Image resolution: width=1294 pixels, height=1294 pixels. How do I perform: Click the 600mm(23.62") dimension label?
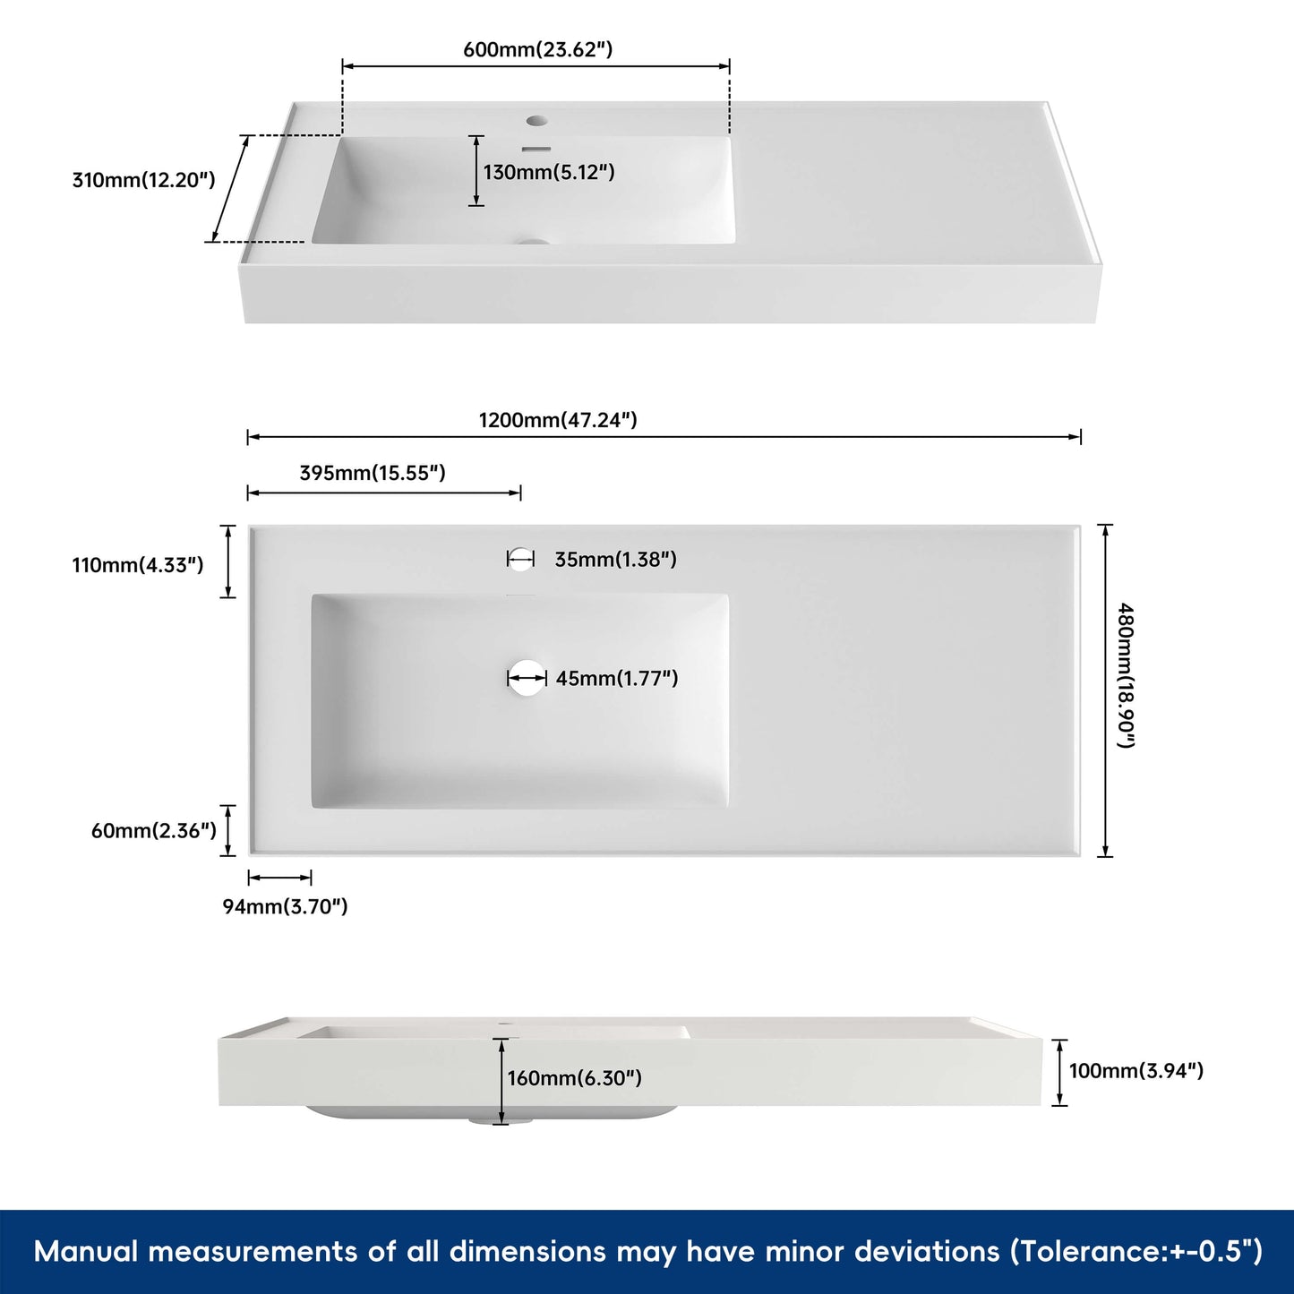[537, 49]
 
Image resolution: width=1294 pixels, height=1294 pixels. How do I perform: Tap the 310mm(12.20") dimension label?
[143, 180]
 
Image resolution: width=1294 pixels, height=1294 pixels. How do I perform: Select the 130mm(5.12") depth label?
[549, 172]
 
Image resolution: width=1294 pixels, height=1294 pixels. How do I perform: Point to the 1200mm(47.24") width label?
[557, 420]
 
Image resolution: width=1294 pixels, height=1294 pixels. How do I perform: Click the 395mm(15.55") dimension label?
[372, 473]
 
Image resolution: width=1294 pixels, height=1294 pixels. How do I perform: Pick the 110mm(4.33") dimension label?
[138, 565]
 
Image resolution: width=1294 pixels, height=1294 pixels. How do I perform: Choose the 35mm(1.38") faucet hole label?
[615, 560]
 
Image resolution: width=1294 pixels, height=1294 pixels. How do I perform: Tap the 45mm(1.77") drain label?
[616, 679]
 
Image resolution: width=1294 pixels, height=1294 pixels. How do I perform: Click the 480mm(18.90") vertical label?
[1126, 676]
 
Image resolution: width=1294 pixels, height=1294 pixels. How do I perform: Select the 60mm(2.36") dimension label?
[154, 831]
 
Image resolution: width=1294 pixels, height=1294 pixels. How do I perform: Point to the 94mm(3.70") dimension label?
[285, 906]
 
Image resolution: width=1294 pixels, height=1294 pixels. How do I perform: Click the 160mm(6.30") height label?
[574, 1078]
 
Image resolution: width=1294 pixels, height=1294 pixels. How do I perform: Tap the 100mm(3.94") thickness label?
[1135, 1071]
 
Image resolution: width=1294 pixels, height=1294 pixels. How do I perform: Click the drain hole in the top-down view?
[527, 679]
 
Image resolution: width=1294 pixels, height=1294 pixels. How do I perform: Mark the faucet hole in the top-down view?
[520, 560]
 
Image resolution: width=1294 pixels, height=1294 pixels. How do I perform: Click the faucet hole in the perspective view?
[536, 120]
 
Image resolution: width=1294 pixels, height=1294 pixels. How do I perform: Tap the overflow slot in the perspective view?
[536, 148]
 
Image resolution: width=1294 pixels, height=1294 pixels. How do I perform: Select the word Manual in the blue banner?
[86, 1251]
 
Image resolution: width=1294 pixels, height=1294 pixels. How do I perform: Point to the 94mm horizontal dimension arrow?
[279, 878]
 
